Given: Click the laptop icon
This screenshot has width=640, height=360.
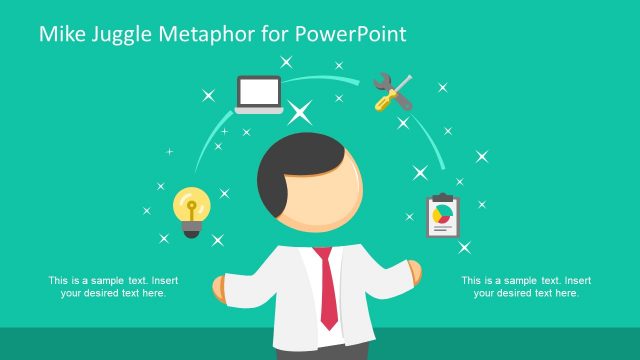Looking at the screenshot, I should coord(259,95).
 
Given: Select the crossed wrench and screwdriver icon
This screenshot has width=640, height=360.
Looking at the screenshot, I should coord(391,91).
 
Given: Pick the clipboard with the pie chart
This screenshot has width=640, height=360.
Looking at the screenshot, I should coord(441,216).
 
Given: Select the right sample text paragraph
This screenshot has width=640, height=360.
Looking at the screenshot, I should coord(526,286).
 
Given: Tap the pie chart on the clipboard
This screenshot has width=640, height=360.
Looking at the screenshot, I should coord(440,213).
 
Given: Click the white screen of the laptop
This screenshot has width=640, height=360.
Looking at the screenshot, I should coord(259,92).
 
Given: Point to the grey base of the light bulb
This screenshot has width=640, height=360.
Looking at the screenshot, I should coord(191,229).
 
